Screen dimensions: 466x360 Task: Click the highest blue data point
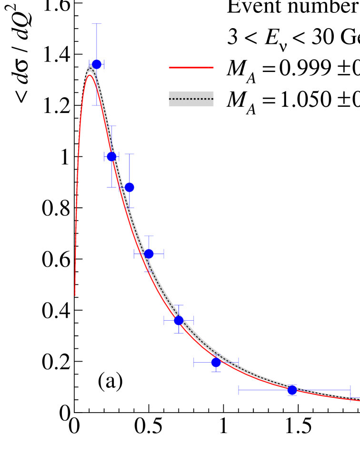97,64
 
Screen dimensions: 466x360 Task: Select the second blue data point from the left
111,156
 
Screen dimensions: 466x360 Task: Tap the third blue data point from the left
129,187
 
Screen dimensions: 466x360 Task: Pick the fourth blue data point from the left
149,253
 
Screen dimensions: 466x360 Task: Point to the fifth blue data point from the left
179,320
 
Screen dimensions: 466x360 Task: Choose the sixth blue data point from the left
216,363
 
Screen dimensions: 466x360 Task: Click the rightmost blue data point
292,390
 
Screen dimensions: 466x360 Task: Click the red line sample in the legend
191,68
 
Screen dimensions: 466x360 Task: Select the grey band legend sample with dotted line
191,99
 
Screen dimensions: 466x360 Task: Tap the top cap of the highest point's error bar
97,24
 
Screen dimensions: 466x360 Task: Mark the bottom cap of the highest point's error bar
97,105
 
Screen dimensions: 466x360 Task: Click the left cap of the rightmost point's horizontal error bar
239,390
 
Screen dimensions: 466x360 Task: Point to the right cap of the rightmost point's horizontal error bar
350,390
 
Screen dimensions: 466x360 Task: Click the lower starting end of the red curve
75,295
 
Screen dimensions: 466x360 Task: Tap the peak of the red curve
90,75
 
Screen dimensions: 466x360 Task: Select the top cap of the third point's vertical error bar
129,154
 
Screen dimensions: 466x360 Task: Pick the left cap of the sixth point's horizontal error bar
194,363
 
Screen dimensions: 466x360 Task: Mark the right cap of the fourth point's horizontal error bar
164,253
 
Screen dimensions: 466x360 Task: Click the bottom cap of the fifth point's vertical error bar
179,333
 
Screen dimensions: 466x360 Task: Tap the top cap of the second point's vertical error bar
111,126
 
